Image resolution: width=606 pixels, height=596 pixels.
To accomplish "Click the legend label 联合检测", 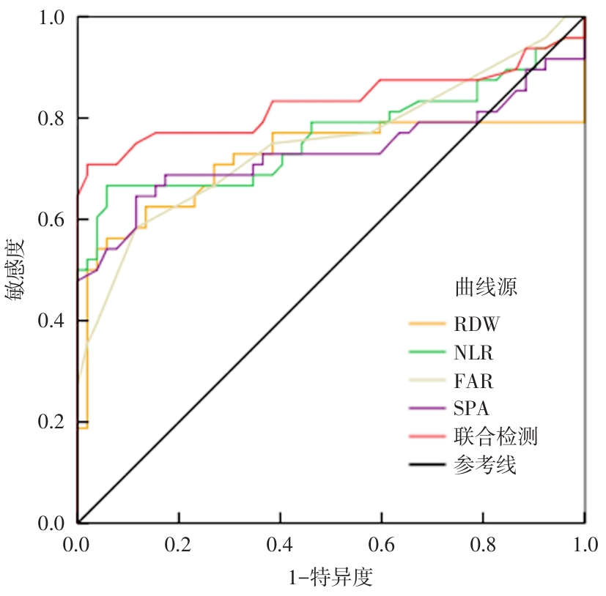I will [x=495, y=437].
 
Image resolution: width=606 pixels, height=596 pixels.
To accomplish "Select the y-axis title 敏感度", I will [x=16, y=269].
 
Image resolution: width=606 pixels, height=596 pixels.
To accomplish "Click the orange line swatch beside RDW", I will [x=427, y=324].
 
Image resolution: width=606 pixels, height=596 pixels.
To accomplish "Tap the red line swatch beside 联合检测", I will [x=427, y=437].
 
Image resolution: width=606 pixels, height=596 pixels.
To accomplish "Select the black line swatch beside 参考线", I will [x=427, y=466].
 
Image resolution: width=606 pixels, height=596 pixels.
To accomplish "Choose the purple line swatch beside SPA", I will [x=427, y=409].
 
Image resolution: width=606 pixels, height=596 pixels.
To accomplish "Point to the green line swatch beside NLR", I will [x=427, y=353].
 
